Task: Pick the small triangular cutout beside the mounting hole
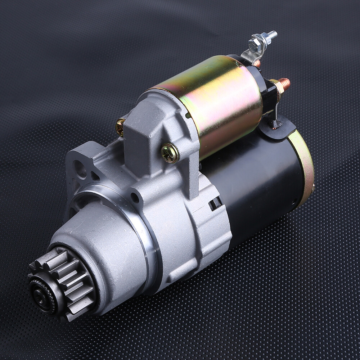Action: [94, 176]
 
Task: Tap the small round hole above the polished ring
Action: [135, 198]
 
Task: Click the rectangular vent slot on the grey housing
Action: [215, 203]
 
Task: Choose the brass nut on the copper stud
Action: [275, 86]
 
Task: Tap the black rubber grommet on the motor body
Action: [277, 128]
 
